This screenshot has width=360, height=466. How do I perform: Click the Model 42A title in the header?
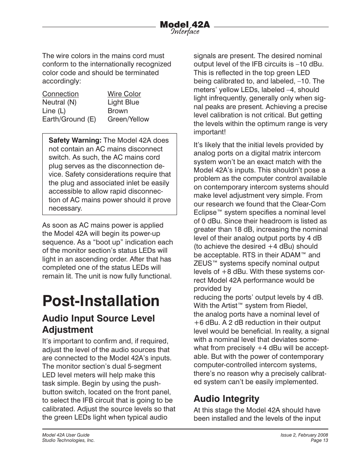coord(185,25)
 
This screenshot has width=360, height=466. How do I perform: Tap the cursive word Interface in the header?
coord(185,32)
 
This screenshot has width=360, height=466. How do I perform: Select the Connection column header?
coord(60,94)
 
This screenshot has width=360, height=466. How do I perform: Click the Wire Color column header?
coord(124,94)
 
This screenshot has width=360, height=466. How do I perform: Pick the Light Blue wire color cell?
coord(123,102)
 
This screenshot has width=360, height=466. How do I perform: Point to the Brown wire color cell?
coord(117,111)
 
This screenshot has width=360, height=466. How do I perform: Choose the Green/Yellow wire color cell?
coord(128,119)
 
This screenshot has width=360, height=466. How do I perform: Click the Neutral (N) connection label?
coord(59,102)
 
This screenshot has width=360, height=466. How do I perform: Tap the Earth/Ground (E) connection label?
coord(69,119)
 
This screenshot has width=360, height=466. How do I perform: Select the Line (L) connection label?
coord(54,111)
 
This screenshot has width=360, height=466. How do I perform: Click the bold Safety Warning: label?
coord(75,140)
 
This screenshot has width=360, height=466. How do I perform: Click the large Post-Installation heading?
coord(101,301)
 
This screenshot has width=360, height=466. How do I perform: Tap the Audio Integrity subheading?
coord(226,398)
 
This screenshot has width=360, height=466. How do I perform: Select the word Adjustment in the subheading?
coord(68,329)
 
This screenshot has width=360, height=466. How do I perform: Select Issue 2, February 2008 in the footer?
coord(304,435)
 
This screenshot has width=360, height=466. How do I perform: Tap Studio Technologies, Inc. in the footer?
coord(68,440)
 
